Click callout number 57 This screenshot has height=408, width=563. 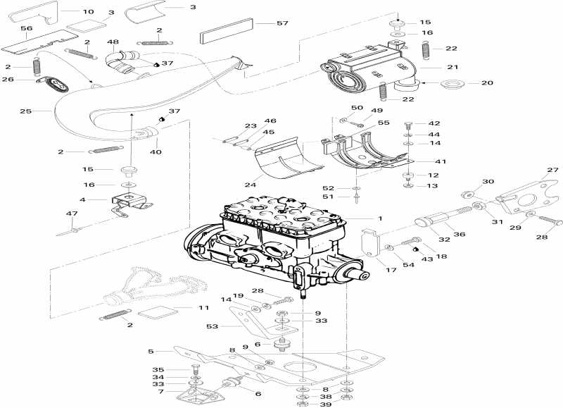pos(262,24)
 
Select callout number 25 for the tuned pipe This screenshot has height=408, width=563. pos(26,111)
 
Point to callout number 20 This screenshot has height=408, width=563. pos(487,83)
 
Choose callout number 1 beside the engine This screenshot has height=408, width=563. pos(379,219)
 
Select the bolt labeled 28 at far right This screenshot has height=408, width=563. pos(550,221)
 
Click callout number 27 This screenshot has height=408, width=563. pos(552,170)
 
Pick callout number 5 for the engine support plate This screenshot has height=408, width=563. pos(151,351)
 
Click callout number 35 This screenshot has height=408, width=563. pos(158,369)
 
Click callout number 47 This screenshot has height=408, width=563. pos(71,213)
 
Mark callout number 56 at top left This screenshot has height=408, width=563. pos(26,28)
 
